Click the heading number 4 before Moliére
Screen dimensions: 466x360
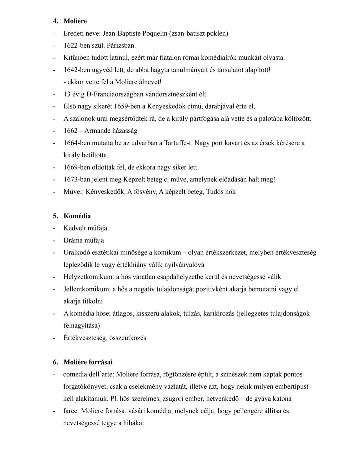pos(55,21)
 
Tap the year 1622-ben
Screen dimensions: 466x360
pos(77,46)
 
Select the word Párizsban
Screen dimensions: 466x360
pos(121,46)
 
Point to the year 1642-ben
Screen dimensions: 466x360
pos(77,70)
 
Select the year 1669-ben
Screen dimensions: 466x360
pos(77,167)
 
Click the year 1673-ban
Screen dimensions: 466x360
pos(77,179)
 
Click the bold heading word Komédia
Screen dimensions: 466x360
pos(77,216)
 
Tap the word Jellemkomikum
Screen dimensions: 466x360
pos(87,289)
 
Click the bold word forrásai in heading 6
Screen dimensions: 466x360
pos(101,362)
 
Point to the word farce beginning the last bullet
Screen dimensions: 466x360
pos(70,411)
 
